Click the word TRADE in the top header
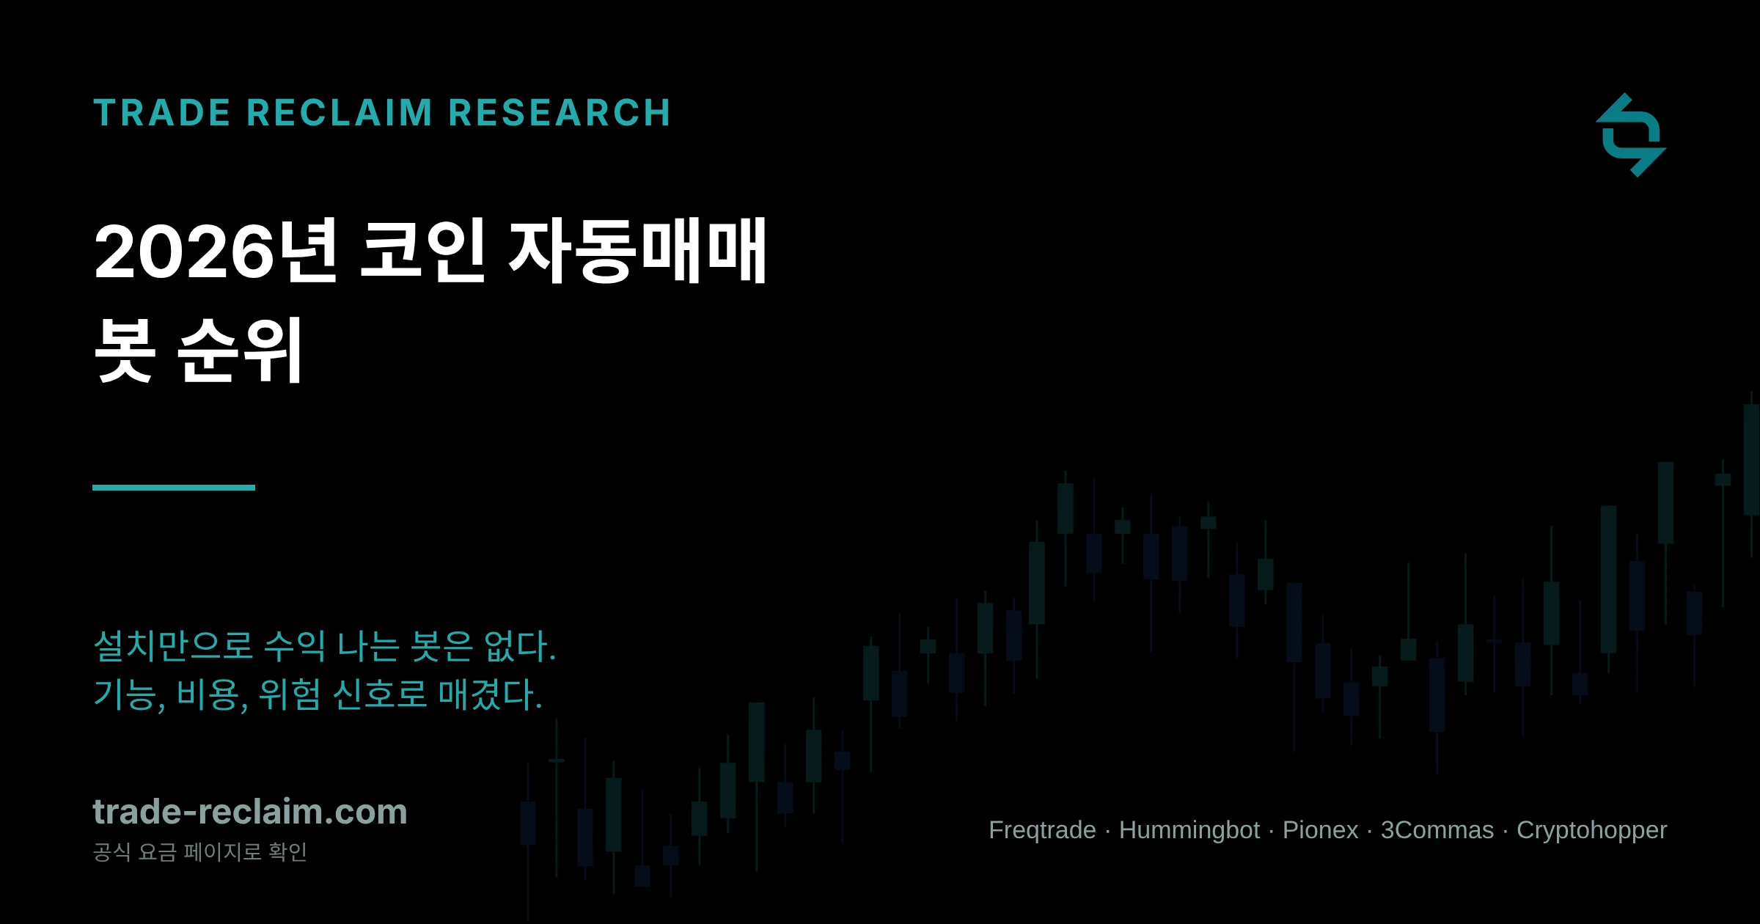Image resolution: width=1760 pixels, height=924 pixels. click(162, 113)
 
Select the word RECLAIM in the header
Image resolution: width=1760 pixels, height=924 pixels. click(340, 113)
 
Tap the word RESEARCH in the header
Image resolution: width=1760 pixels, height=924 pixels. click(560, 113)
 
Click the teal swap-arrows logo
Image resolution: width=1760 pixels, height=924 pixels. click(1631, 135)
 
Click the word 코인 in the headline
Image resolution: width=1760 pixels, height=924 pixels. click(423, 251)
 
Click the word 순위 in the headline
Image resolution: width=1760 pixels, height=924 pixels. click(241, 350)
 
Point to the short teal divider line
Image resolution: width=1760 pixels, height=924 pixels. click(174, 488)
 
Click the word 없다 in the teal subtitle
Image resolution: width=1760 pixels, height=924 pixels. click(520, 646)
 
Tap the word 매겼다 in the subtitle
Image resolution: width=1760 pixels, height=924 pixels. click(490, 694)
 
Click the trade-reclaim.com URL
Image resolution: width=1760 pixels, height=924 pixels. click(250, 812)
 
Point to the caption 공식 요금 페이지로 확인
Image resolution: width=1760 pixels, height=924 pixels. click(199, 852)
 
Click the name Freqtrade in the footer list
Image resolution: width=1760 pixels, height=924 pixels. click(1042, 830)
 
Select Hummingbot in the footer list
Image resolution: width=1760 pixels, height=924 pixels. click(1189, 830)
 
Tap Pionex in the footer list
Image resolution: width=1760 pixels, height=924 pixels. click(1320, 830)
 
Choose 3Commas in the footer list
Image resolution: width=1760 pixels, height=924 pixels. click(1437, 830)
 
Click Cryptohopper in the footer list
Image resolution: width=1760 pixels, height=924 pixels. click(1591, 830)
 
